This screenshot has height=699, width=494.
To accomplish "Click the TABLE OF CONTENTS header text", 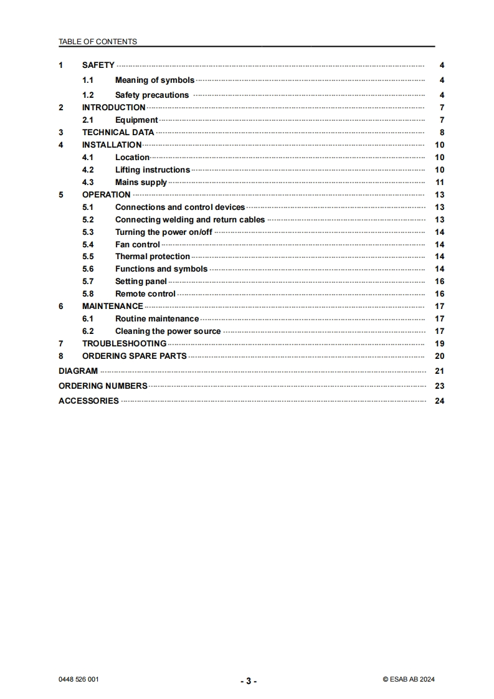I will click(98, 42).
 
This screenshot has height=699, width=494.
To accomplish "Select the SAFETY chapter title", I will click(98, 65).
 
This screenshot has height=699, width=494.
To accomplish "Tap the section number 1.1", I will click(88, 80).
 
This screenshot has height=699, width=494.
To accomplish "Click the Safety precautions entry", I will click(151, 95).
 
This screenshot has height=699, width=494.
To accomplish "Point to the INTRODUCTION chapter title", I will click(113, 108).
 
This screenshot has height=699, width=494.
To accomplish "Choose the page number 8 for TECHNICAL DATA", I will click(442, 133).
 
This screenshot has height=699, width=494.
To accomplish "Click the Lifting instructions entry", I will click(152, 170).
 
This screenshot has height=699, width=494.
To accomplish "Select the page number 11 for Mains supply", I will click(439, 183).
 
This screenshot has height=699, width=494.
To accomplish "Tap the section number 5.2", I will click(88, 220).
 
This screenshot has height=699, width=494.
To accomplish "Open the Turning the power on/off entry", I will click(163, 232).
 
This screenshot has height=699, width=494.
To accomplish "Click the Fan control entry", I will click(137, 245).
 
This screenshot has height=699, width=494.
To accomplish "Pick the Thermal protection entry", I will click(152, 257).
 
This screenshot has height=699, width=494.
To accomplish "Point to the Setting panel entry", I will click(141, 282).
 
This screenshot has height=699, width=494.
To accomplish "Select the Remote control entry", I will click(145, 294).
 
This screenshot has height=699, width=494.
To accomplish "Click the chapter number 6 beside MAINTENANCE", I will click(61, 307).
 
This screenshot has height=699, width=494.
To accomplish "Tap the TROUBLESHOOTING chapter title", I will click(124, 344).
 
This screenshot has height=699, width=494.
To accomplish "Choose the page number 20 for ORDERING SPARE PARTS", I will click(439, 356).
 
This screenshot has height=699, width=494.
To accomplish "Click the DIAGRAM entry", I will click(78, 371).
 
